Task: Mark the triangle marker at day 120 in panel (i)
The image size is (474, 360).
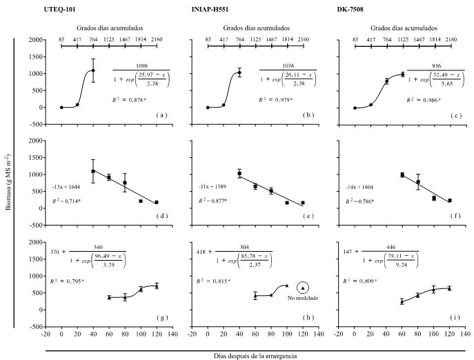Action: (x=450, y=288)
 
